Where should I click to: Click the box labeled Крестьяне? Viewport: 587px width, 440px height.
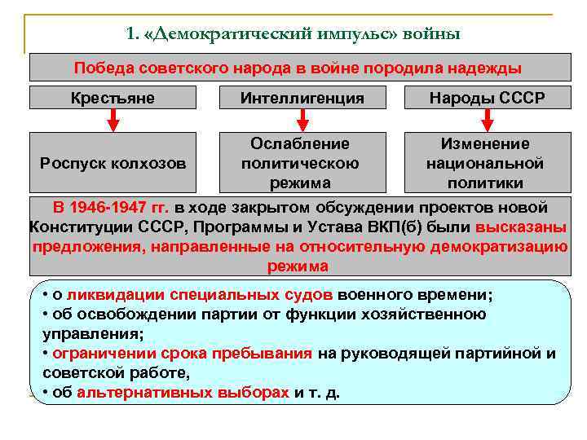(113, 98)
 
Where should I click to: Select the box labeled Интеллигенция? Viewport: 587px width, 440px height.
(302, 98)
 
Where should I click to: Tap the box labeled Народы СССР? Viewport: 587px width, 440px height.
(488, 98)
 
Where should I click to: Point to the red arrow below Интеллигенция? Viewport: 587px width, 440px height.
(302, 121)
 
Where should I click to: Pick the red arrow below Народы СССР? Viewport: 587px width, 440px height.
(488, 121)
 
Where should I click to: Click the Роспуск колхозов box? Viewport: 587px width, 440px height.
(113, 163)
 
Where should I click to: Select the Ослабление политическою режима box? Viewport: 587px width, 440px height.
(300, 163)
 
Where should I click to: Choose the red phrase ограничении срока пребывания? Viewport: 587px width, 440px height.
(182, 354)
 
